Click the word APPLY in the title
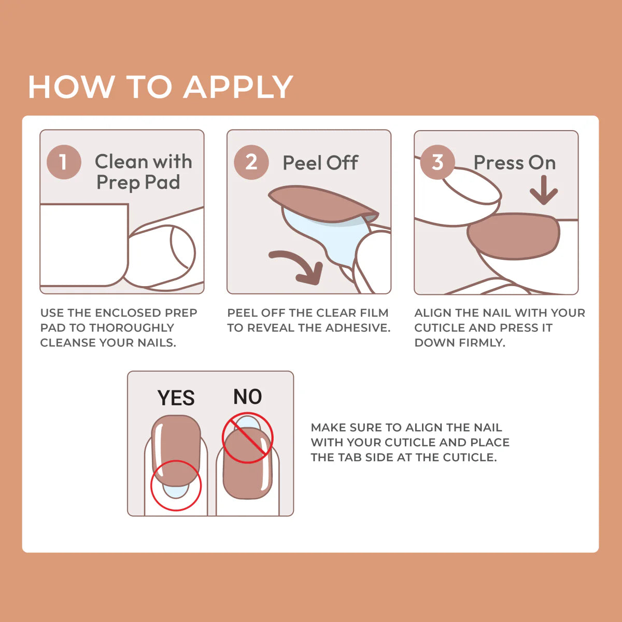pos(238,87)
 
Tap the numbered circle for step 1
pos(64,162)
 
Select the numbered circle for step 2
pos(251,162)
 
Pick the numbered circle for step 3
pos(437,162)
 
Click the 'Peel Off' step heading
pos(320,163)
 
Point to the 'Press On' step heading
pos(514,163)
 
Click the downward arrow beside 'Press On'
pos(544,191)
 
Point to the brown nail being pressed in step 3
pos(513,236)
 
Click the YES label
pos(176,398)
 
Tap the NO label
pos(247,397)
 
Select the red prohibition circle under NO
pos(247,438)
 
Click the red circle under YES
pos(176,485)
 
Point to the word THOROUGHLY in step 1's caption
pos(131,328)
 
